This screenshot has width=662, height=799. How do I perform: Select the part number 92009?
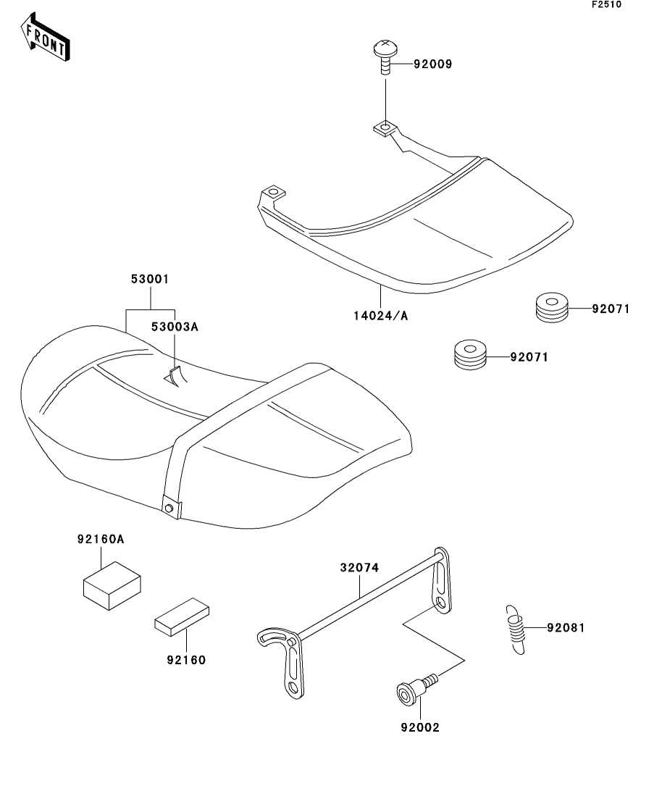(x=432, y=64)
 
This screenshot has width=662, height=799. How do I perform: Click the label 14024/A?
(x=380, y=315)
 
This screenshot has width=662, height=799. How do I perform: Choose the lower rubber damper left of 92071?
(x=470, y=356)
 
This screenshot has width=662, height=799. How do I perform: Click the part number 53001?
(x=150, y=279)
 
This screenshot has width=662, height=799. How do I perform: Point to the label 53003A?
(x=174, y=327)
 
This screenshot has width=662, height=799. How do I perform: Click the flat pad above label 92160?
(x=182, y=616)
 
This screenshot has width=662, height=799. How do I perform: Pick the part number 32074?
(x=359, y=569)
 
